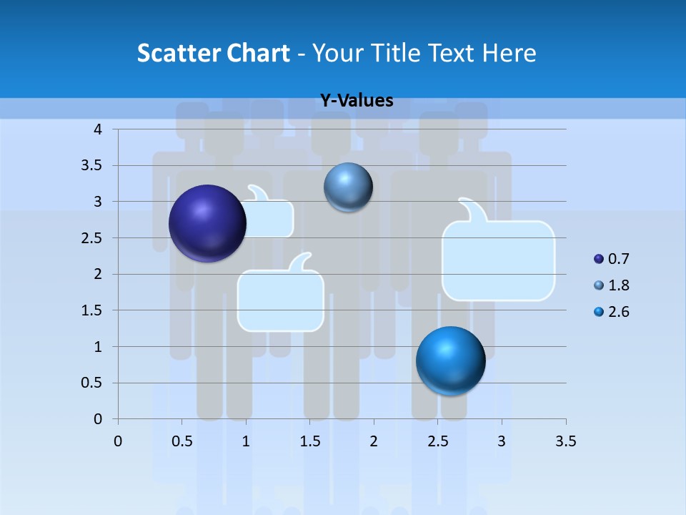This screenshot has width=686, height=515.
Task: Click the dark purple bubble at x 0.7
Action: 207,223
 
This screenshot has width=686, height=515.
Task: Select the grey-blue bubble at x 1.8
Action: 348,187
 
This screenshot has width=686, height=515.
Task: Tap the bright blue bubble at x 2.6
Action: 450,360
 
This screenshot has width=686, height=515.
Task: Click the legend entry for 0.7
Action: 612,259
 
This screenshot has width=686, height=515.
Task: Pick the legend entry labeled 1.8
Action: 612,285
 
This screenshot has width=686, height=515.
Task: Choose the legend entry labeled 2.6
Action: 612,312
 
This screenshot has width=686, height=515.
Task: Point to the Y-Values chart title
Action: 357,101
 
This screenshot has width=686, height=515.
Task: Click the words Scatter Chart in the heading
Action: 213,53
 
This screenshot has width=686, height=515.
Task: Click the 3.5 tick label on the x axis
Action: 565,441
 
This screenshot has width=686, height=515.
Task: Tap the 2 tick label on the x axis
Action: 374,441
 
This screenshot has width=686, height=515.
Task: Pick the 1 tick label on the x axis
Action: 246,441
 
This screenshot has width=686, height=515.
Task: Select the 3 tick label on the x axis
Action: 502,441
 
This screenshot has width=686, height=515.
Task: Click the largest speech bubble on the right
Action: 499,259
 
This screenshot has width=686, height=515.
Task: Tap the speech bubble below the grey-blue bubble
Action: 281,299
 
